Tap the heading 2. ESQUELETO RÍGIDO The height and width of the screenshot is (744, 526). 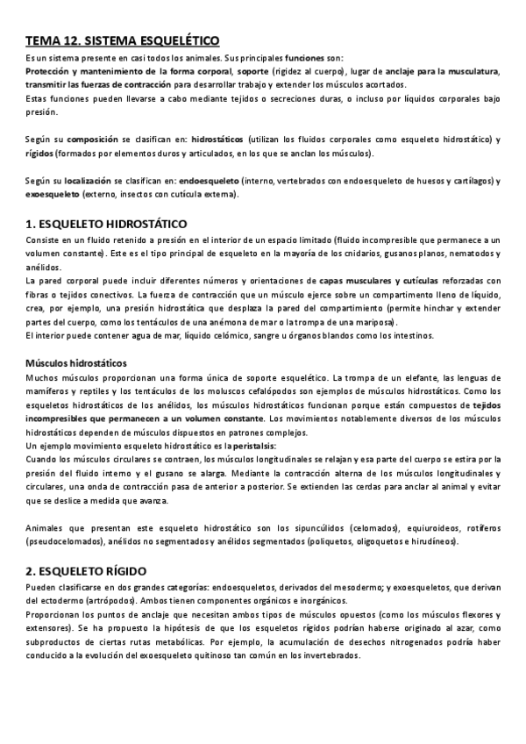tap(98, 570)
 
